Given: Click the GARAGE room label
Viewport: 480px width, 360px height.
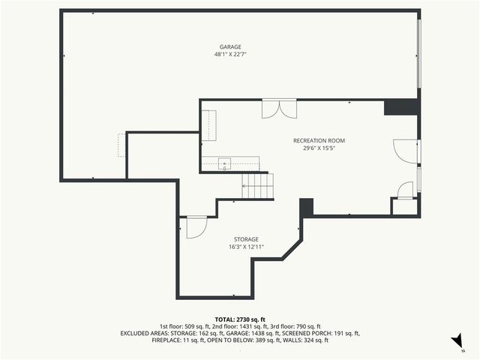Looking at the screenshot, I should point(231,46).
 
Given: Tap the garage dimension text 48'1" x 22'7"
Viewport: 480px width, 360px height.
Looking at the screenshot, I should point(231,54).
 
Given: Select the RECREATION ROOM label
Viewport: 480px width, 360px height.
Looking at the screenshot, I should point(319,140).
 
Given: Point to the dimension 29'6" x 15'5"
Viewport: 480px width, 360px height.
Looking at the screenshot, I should point(319,148).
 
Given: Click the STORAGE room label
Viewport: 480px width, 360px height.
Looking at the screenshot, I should point(245,238).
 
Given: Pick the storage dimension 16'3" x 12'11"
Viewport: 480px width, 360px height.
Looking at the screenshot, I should point(245,246).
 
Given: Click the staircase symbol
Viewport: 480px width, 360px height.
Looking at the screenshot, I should point(257,186).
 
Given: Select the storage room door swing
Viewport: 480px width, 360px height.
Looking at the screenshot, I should point(196,226).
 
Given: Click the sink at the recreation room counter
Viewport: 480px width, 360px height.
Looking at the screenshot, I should point(224,163).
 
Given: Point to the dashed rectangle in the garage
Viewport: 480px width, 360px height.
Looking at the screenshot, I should point(121,145).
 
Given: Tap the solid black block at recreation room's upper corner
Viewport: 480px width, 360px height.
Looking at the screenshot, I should point(400,107).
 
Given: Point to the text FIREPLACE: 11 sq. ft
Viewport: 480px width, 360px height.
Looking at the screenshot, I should point(178,340).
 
